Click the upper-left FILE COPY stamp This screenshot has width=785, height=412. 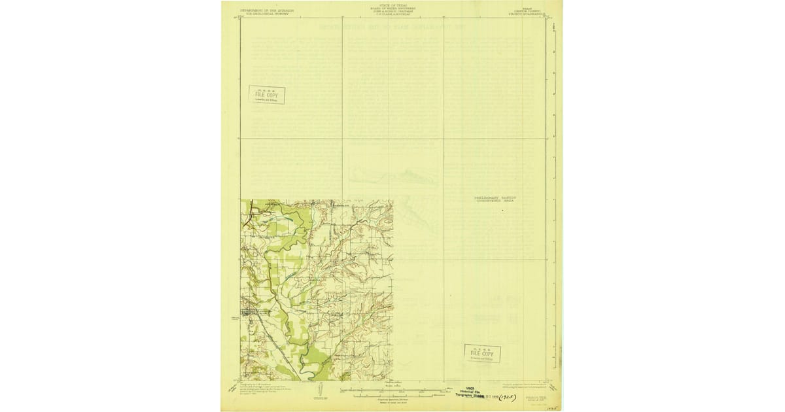pos(267,95)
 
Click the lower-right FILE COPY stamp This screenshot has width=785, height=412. pos(482,353)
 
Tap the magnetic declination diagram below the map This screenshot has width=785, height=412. pos(318,392)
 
